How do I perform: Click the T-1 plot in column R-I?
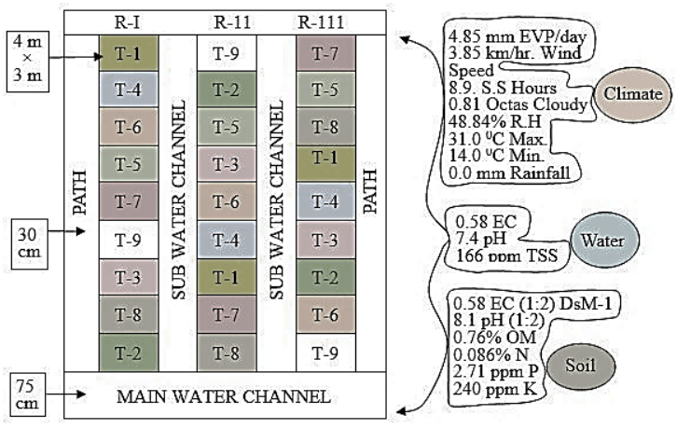[x=128, y=54]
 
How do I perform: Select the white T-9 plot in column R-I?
[x=128, y=240]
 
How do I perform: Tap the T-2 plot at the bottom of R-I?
[x=128, y=352]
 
